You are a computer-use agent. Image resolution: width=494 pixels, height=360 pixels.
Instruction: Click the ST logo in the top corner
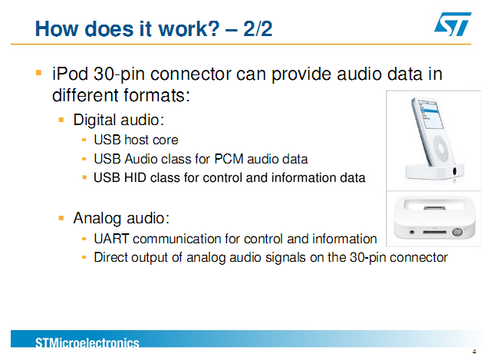coord(453,24)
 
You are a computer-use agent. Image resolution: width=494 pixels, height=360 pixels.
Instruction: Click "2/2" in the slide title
coord(258,28)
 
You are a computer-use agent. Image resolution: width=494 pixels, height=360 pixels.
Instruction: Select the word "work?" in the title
coord(189,28)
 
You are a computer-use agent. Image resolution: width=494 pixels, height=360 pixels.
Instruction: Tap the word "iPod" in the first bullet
coord(71,74)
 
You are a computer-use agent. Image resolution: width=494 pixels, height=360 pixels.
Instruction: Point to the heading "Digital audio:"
coord(119,120)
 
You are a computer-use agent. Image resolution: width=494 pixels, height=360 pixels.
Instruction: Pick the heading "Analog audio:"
coord(121,218)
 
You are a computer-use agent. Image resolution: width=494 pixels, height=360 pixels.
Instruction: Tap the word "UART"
coord(111,239)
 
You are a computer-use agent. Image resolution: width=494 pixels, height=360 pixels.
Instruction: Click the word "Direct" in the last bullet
coord(110,258)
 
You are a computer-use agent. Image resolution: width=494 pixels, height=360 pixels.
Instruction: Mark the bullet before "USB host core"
coord(84,140)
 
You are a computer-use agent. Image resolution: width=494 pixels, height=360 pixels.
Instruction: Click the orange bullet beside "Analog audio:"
coord(61,218)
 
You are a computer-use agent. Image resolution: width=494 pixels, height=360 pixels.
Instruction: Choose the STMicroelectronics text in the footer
coord(87,342)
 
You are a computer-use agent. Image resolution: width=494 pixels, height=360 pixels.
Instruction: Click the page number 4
coord(475,352)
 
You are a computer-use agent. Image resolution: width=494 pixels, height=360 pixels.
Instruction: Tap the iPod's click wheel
coord(440,147)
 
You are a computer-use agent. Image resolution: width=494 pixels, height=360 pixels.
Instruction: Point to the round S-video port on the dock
coord(457,232)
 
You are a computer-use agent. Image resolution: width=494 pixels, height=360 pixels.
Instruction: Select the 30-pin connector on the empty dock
coord(434,208)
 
